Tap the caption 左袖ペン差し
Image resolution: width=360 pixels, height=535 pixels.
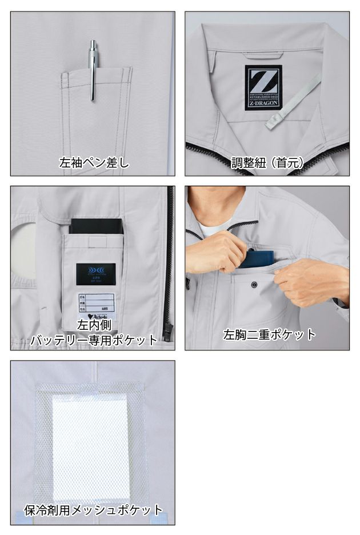click(x=94, y=163)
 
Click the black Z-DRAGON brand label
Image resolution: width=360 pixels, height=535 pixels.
click(x=263, y=87)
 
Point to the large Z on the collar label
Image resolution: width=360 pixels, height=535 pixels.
click(x=263, y=79)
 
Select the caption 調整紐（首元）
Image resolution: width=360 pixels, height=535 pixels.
click(x=266, y=163)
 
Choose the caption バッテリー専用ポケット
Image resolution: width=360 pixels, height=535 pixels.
click(x=94, y=340)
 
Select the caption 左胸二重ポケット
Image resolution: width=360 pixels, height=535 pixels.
click(x=269, y=335)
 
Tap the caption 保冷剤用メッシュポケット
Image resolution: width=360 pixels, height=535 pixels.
click(x=93, y=510)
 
